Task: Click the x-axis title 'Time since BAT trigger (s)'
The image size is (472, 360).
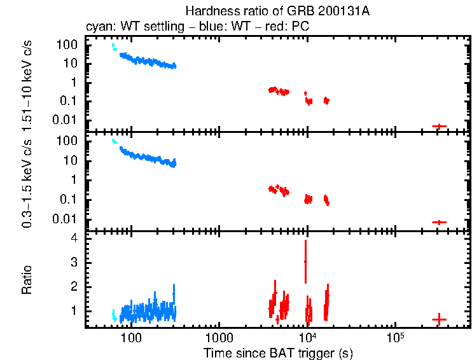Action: [x=278, y=352]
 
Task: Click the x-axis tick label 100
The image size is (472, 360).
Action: [x=131, y=337]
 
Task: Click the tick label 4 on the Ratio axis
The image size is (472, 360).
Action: [x=74, y=238]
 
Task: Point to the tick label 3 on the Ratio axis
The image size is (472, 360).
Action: [x=74, y=262]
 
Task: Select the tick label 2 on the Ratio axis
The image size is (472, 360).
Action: [x=74, y=287]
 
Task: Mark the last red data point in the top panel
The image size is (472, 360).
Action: [x=439, y=126]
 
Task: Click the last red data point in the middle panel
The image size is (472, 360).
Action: [x=439, y=222]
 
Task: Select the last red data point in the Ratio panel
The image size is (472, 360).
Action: [x=439, y=319]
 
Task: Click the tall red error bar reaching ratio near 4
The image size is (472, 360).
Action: [x=305, y=261]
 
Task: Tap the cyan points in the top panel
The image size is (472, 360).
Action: [x=114, y=46]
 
